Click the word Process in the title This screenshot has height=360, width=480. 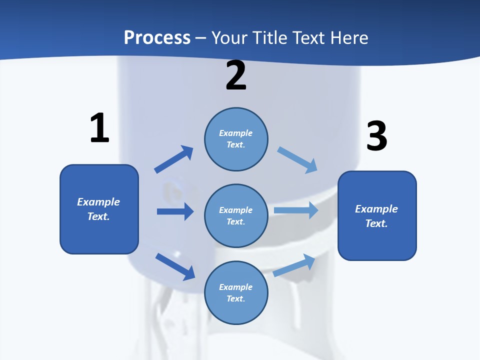[x=157, y=37]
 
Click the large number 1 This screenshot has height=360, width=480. [x=99, y=128]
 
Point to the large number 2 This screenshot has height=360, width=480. [x=236, y=75]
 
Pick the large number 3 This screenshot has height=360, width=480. [x=376, y=136]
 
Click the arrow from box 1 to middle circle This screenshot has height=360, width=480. [x=175, y=211]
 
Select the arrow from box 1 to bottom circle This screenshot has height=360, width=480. [x=175, y=266]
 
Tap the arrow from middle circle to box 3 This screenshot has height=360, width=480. [x=296, y=210]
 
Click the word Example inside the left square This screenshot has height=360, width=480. [x=98, y=202]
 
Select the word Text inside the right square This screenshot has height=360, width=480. [x=376, y=223]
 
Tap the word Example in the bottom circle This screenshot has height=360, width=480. [x=236, y=287]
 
